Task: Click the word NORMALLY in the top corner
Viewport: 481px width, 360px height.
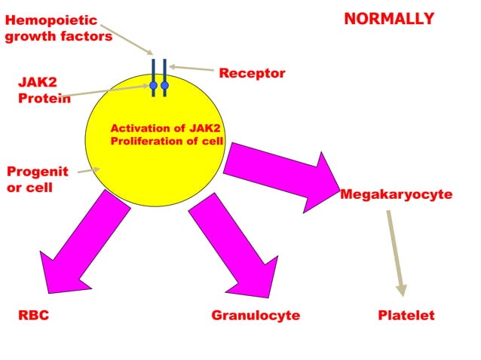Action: point(389,19)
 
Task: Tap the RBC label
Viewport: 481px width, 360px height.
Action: point(34,316)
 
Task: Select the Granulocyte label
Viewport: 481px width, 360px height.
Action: point(256,316)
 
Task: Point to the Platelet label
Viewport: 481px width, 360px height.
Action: point(406,316)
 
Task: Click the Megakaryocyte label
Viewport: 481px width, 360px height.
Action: point(396,195)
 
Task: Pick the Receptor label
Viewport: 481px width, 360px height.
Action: point(252,74)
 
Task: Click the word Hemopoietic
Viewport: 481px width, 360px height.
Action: point(51,21)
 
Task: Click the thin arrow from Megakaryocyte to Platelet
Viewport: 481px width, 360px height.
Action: point(396,252)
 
